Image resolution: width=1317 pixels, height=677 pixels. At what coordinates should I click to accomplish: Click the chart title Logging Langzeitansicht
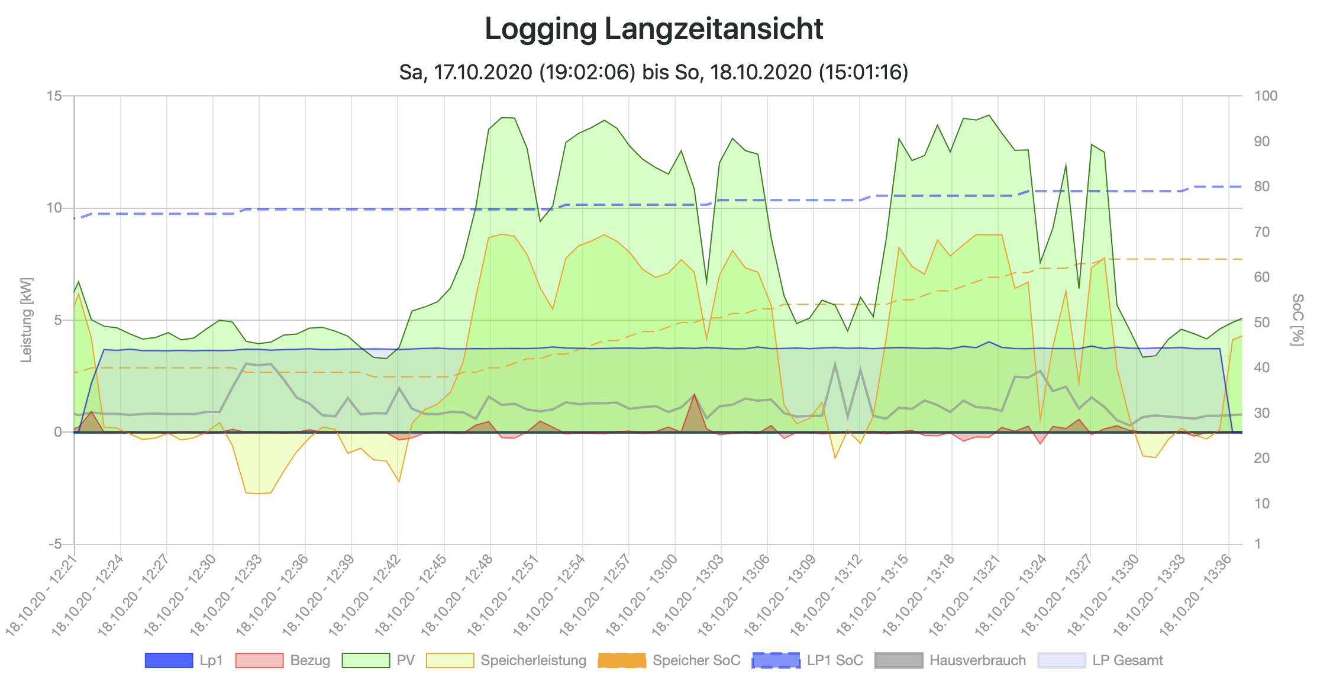(654, 29)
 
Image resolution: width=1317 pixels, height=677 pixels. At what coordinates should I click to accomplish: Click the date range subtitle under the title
(654, 72)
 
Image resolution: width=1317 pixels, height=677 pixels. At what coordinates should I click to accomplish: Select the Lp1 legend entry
(184, 660)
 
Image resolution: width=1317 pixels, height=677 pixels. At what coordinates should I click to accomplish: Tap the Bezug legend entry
(283, 660)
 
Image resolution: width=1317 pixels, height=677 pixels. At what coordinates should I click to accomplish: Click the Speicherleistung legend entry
(506, 660)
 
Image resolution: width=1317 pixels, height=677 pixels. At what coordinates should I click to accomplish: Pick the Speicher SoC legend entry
(669, 660)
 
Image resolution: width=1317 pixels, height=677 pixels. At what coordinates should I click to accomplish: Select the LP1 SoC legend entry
(808, 660)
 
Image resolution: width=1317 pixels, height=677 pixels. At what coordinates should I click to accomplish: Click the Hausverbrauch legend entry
(951, 660)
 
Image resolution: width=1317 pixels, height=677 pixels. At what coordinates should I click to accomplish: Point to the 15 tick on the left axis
(54, 96)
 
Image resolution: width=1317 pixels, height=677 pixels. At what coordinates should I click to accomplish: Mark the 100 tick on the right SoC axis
(1266, 96)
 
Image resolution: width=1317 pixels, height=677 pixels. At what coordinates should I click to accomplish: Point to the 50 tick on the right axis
(1262, 323)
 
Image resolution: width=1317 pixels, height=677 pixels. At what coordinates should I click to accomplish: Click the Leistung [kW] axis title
(26, 320)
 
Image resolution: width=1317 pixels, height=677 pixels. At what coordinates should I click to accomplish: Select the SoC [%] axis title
(1297, 320)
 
